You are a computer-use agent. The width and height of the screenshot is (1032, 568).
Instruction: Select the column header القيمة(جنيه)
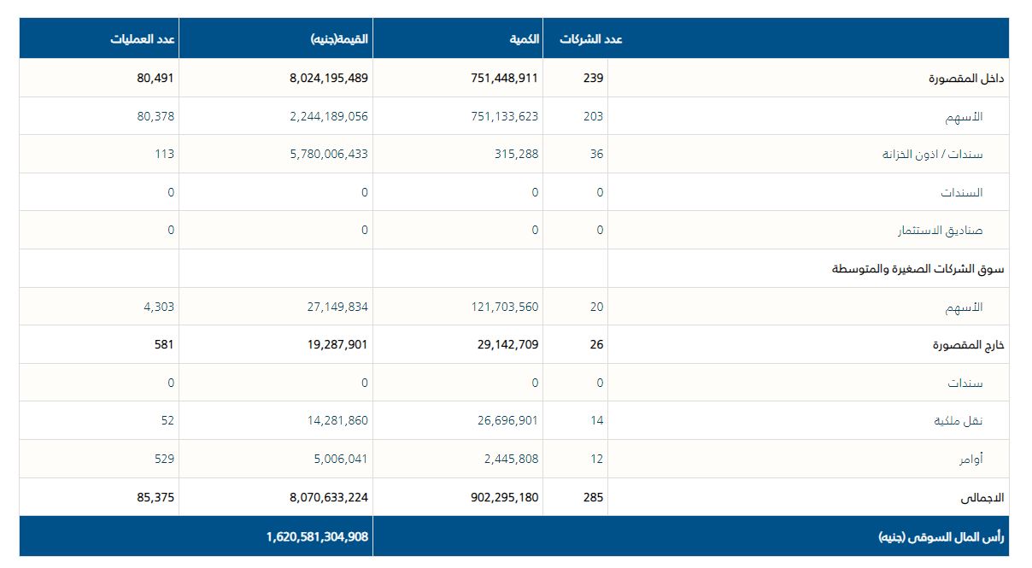[339, 39]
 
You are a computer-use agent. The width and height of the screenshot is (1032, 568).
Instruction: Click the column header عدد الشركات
[591, 39]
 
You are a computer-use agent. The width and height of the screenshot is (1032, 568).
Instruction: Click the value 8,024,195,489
[328, 78]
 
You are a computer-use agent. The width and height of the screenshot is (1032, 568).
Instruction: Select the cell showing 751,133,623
[504, 116]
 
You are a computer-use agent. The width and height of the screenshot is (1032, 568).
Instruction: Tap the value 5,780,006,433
[328, 154]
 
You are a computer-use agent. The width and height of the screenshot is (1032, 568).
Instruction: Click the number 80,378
[155, 116]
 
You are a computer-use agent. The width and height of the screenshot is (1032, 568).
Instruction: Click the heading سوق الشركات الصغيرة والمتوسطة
[918, 268]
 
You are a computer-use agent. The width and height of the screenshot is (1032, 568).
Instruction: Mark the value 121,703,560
[504, 307]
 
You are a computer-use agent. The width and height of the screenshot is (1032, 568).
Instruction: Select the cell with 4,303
[159, 307]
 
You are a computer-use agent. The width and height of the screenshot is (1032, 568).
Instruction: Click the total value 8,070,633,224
[328, 497]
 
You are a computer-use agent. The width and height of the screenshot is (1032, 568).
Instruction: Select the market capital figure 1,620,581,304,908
[317, 536]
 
